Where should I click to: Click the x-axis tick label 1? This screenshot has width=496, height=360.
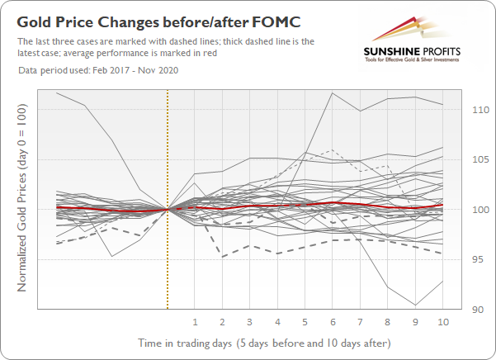point(196,321)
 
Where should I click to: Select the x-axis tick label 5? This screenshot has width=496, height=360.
point(305,321)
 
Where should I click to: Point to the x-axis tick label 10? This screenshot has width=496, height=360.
point(442,321)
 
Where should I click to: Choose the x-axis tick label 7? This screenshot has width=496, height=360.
point(360,321)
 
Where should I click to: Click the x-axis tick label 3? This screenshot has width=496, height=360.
point(250,321)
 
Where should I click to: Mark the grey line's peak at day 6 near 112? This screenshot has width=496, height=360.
point(332,92)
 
